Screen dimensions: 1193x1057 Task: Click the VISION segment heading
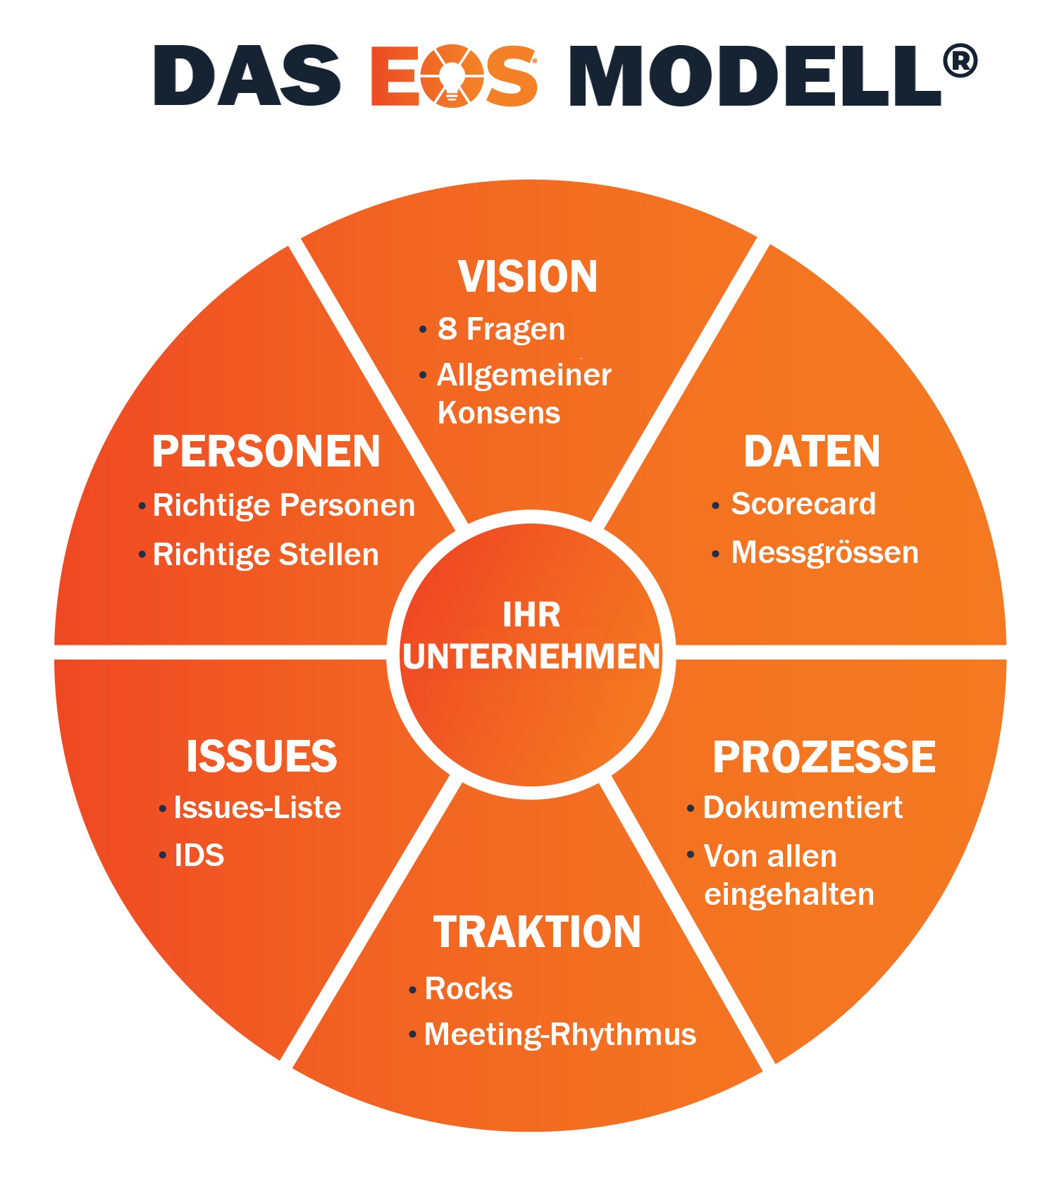[x=528, y=276]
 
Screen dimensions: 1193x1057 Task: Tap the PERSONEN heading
[x=266, y=451]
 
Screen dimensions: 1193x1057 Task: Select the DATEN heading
[x=812, y=451]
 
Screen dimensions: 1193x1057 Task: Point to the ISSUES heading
[x=261, y=756]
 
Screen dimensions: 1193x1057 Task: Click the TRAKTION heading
[x=537, y=932]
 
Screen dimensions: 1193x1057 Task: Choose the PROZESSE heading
[x=824, y=757]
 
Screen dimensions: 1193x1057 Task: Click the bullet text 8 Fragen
[x=501, y=329]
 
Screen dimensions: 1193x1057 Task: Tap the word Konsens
[x=498, y=413]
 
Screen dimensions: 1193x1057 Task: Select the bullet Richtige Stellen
[x=266, y=555]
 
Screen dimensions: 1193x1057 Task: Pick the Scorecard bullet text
[x=803, y=504]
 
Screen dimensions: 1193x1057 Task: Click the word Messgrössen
[x=824, y=552]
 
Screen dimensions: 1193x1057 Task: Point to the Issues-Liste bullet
[x=257, y=808]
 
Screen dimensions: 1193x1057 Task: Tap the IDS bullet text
[x=199, y=855]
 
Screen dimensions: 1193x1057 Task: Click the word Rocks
[x=469, y=989]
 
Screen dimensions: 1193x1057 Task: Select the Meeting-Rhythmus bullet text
[x=560, y=1034]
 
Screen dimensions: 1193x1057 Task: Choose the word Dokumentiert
[x=803, y=808]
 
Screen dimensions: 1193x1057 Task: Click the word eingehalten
[x=789, y=894]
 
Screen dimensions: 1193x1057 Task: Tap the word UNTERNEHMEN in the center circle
[x=531, y=657]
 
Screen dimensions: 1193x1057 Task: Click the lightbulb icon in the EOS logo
[x=452, y=76]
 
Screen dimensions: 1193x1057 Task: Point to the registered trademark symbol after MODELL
[x=960, y=61]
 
